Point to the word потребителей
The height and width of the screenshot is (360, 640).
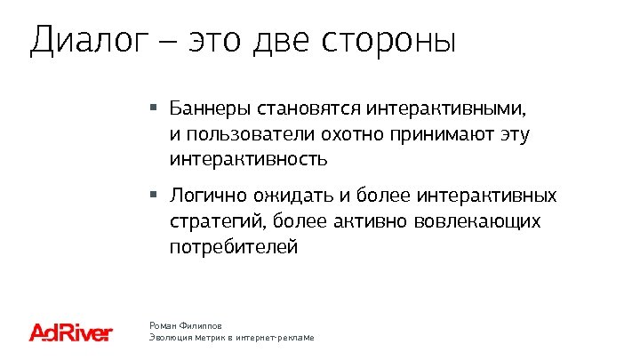click(235, 246)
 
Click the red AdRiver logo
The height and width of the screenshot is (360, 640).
click(70, 333)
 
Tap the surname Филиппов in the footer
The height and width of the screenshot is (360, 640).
click(204, 327)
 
